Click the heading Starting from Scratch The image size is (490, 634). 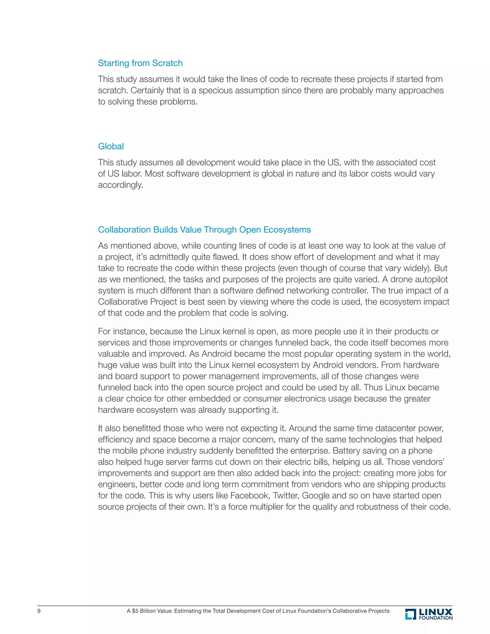pyautogui.click(x=140, y=63)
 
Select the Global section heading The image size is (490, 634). pyautogui.click(x=111, y=146)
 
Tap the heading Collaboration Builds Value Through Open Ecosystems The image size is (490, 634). pyautogui.click(x=204, y=230)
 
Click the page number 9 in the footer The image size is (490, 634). pyautogui.click(x=39, y=611)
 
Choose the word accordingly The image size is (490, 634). pyautogui.click(x=121, y=185)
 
